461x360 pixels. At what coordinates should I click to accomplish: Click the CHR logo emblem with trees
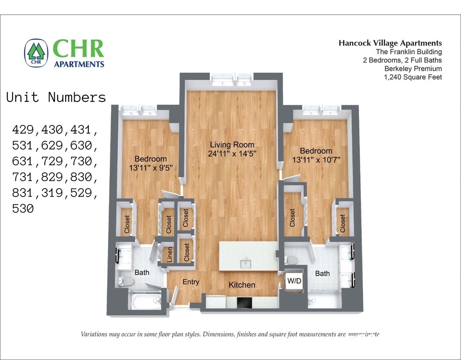36,53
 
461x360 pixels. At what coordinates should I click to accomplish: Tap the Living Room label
232,145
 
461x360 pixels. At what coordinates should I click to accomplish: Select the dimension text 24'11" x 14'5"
232,154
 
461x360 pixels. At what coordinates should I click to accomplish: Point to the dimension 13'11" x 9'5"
151,168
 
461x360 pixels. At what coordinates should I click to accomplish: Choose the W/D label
294,281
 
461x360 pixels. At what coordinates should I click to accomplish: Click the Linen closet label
170,255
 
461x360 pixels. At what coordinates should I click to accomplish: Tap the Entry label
191,282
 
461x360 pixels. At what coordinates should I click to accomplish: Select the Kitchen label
242,285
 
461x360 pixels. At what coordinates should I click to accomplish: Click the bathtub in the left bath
143,302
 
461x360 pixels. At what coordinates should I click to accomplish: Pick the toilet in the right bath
292,260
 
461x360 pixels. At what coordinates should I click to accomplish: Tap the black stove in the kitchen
245,302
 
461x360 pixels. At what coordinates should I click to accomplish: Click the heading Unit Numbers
56,97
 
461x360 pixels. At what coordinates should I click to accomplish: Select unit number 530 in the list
23,209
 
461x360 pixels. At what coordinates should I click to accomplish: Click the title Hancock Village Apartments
390,43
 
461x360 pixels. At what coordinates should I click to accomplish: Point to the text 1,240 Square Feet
413,77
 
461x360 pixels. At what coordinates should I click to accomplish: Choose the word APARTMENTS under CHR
79,64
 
